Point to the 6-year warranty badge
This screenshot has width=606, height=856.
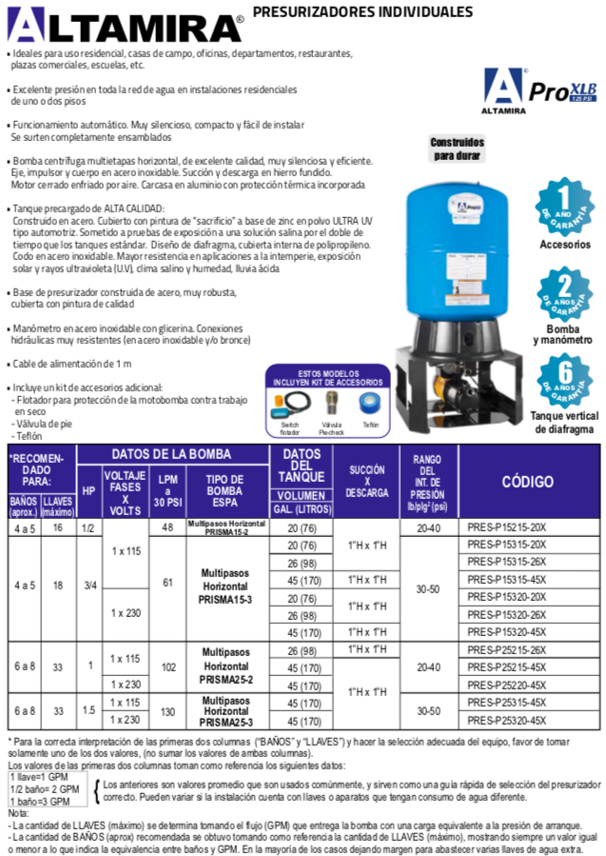564,378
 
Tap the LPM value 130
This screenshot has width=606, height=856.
167,712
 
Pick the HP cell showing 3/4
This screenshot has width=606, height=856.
88,586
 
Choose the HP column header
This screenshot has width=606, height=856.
88,490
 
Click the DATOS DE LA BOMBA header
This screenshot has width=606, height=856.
172,454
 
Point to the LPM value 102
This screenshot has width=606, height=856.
167,667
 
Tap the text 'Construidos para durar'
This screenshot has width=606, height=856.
458,148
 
